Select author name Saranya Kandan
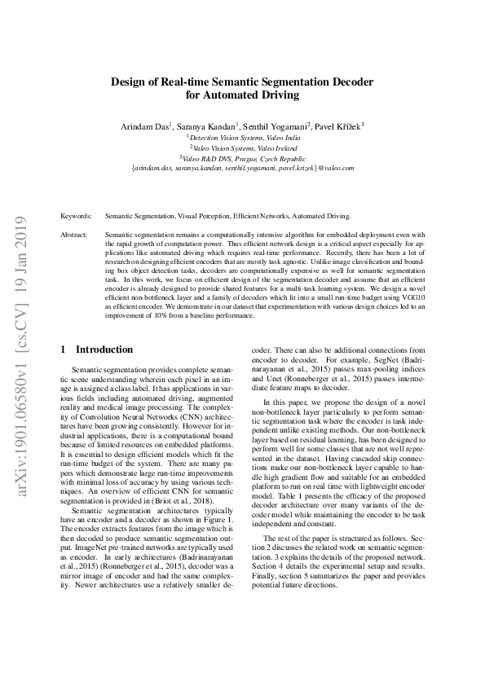[x=206, y=126]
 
